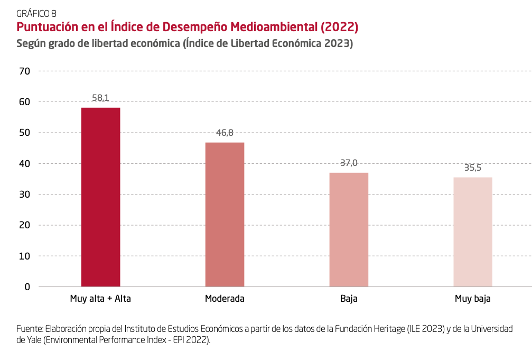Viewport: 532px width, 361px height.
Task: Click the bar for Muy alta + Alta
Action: click(100, 197)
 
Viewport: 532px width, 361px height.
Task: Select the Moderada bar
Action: click(225, 214)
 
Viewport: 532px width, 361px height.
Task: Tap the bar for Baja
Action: click(349, 229)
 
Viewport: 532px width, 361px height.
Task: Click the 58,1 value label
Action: click(100, 98)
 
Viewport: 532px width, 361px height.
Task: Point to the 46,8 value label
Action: click(225, 133)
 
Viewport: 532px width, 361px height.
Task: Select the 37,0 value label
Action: click(349, 163)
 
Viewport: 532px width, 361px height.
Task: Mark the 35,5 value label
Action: click(473, 168)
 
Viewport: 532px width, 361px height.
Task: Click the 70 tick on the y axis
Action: click(25, 71)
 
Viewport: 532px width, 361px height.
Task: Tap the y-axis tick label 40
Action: click(25, 163)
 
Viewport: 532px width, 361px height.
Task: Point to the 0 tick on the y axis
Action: click(27, 286)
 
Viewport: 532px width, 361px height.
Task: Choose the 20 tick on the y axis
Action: click(25, 225)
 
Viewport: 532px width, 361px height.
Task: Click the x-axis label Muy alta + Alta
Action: click(100, 299)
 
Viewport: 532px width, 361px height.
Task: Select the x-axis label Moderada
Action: click(225, 299)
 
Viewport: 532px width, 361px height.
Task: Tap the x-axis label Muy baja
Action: click(473, 299)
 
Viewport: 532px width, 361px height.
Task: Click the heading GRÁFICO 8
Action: click(36, 14)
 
